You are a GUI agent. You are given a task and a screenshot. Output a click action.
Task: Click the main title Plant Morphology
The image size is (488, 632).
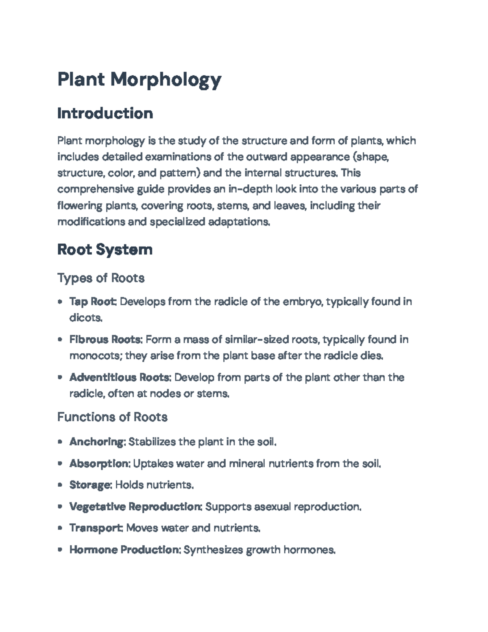[x=139, y=79]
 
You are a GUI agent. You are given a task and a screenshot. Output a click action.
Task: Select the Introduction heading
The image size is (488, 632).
[x=105, y=113]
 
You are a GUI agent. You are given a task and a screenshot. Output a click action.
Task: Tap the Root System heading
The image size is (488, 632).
[x=105, y=249]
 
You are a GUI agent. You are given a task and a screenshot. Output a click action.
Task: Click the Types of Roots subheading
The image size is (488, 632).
[x=101, y=278]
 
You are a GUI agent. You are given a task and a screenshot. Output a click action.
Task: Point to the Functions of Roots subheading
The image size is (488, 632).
[x=112, y=417]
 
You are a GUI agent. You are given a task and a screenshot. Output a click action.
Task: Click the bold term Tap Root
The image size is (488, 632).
[x=93, y=302]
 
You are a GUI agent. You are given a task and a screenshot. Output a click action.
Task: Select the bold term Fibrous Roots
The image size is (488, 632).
[x=105, y=339]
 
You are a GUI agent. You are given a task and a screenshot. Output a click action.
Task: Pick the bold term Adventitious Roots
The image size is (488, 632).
[x=119, y=377]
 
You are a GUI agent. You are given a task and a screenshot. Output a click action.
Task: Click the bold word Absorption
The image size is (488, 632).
[x=99, y=464]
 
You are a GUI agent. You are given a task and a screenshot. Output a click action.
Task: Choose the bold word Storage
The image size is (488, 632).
[x=90, y=485]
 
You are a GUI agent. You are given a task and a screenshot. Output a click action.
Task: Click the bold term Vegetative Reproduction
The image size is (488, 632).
[x=135, y=507]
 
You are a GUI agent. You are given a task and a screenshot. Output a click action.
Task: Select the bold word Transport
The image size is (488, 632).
[x=96, y=528]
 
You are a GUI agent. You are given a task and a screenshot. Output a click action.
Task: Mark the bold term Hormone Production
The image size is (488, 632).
[x=124, y=550]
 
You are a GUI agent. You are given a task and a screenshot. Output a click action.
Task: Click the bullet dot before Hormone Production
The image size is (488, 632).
[x=60, y=550]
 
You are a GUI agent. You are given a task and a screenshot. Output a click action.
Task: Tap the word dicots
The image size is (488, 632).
[x=85, y=318]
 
